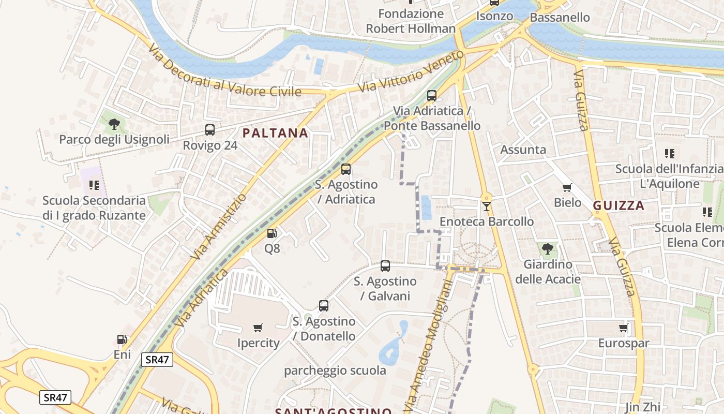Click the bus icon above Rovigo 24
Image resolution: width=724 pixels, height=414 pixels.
click(210, 130)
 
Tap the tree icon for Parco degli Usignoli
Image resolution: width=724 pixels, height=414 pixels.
click(114, 124)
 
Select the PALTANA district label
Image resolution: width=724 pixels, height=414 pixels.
click(275, 133)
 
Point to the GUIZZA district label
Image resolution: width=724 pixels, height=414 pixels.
click(619, 205)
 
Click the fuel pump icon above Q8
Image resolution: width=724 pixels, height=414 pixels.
click(272, 233)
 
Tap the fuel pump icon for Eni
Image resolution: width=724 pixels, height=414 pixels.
click(122, 340)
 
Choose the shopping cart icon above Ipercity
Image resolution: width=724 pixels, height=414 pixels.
click(258, 328)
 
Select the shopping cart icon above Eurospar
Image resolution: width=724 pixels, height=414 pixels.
click(623, 328)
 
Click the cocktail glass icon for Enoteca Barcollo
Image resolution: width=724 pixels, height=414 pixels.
click(486, 206)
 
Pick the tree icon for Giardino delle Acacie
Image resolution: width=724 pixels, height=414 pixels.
click(547, 249)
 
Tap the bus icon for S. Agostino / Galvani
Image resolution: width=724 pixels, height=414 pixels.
click(385, 266)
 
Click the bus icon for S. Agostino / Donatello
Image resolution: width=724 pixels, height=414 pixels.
click(324, 306)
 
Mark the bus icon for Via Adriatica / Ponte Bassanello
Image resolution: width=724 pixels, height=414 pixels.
click(432, 96)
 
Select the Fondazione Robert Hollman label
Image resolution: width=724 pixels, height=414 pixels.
click(411, 21)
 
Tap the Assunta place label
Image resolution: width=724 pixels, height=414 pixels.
click(523, 150)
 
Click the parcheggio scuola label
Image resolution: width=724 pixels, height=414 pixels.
click(335, 371)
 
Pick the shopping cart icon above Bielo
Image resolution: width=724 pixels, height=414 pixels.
click(567, 188)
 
